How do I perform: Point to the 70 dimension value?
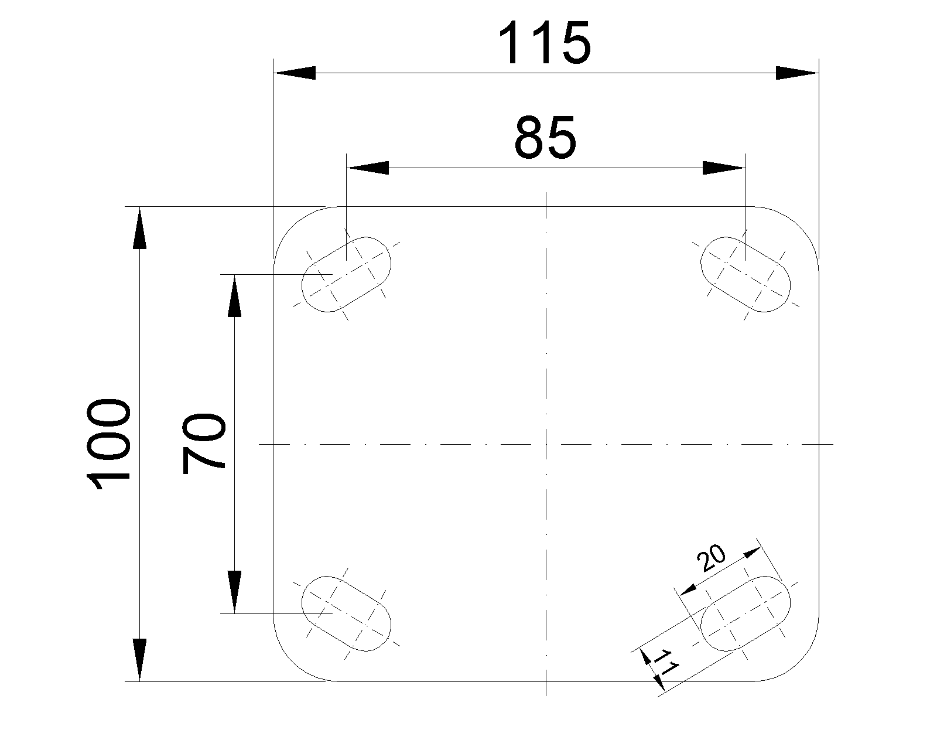(x=204, y=444)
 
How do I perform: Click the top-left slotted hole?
(x=346, y=274)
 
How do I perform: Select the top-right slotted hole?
(x=746, y=274)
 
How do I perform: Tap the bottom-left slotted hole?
(x=346, y=613)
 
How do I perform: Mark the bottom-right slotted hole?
(x=746, y=613)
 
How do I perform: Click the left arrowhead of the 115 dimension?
(x=295, y=73)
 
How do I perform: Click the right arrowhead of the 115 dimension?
(x=797, y=73)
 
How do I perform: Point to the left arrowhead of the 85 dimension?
(x=368, y=168)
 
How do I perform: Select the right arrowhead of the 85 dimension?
(x=724, y=168)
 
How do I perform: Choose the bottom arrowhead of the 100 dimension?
(x=139, y=660)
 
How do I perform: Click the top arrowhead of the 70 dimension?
(x=234, y=295)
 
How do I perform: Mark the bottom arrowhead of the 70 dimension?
(x=234, y=592)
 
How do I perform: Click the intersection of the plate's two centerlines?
(x=546, y=444)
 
